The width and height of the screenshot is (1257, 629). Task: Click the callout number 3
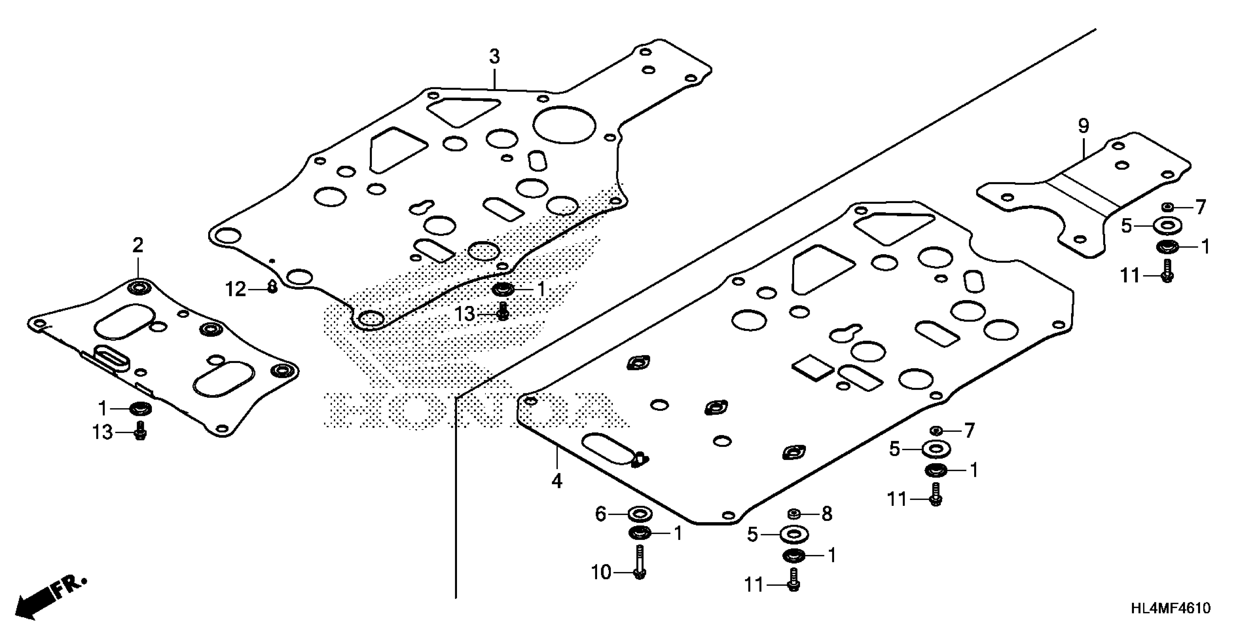click(494, 57)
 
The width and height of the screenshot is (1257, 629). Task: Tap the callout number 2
click(138, 245)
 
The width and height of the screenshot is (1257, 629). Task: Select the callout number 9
click(1083, 127)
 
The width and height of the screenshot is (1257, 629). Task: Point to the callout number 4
click(557, 481)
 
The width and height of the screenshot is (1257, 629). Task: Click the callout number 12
click(236, 290)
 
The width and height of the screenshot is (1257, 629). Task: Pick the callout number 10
click(601, 572)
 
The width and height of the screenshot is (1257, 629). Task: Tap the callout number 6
click(601, 514)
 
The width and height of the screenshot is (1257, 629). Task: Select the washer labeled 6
click(640, 514)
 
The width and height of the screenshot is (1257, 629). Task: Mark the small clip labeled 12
click(272, 287)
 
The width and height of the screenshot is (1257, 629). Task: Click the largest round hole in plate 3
click(564, 125)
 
